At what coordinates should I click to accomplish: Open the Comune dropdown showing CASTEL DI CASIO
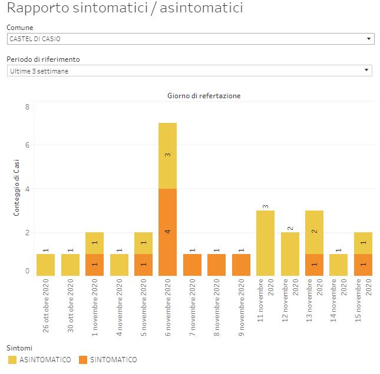tap(190, 39)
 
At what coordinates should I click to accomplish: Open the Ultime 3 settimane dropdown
tap(190, 71)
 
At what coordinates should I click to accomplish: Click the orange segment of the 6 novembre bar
tap(167, 232)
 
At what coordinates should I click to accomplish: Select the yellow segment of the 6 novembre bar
tap(167, 155)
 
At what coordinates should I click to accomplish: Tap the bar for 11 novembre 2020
tap(265, 242)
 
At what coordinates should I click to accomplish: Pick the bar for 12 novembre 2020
tap(290, 253)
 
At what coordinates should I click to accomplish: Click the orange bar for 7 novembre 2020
tap(192, 265)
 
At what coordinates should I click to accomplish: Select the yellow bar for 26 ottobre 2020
tap(45, 265)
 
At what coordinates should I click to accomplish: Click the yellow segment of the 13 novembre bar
tap(314, 232)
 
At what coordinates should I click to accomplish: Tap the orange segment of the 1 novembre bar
tap(94, 265)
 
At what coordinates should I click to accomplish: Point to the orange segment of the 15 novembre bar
tap(363, 265)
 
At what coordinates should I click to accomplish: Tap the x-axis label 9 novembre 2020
tap(241, 308)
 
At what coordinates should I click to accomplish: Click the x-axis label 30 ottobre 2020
tap(70, 308)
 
